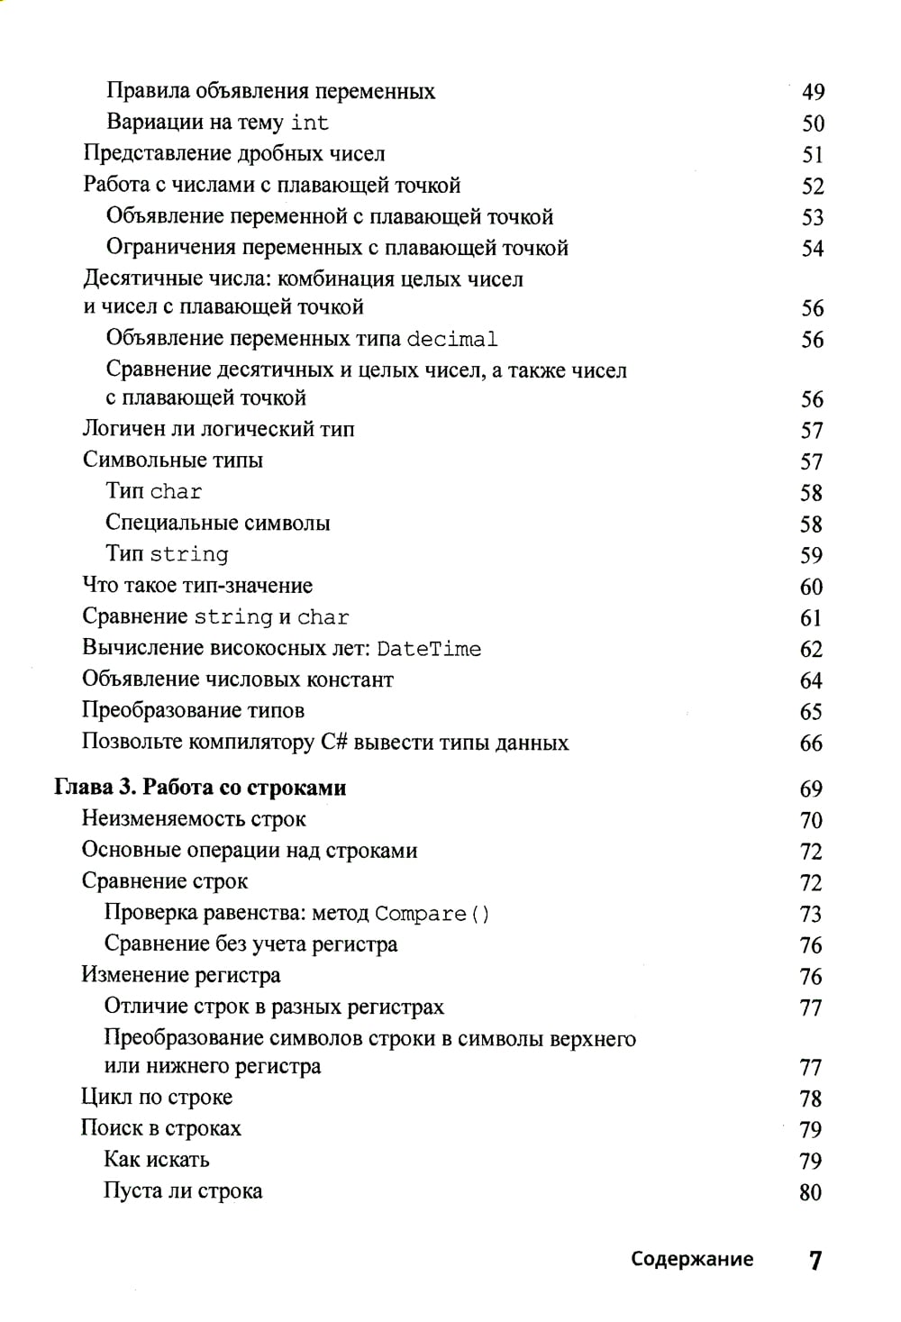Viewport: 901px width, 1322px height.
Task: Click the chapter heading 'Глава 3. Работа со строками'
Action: [200, 788]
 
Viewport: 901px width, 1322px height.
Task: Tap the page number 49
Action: [813, 92]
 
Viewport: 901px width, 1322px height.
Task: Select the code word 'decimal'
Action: [451, 340]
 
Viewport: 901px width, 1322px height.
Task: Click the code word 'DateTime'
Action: [429, 650]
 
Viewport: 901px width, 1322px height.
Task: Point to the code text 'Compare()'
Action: [432, 914]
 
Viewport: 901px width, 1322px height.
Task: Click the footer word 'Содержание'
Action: [692, 1259]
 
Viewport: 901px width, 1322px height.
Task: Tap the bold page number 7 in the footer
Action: [815, 1260]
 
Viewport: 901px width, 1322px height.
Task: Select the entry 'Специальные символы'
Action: [218, 523]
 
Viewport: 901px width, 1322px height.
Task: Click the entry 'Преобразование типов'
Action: [193, 711]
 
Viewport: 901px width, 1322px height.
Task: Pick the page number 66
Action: [811, 743]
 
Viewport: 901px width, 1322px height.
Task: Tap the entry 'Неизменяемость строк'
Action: [194, 819]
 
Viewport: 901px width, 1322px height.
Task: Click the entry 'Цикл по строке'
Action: [157, 1098]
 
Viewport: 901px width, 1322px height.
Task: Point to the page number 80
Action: [810, 1192]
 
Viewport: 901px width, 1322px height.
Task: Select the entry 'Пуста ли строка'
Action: [183, 1191]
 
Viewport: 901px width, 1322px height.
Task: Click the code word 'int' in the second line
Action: [309, 123]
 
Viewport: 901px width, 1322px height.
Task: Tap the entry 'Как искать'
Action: [157, 1160]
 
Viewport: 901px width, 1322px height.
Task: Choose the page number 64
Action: [811, 680]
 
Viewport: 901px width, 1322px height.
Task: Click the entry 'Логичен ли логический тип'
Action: [218, 429]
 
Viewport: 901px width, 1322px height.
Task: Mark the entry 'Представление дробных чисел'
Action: [234, 154]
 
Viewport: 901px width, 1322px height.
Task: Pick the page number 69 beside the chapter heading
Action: [811, 789]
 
